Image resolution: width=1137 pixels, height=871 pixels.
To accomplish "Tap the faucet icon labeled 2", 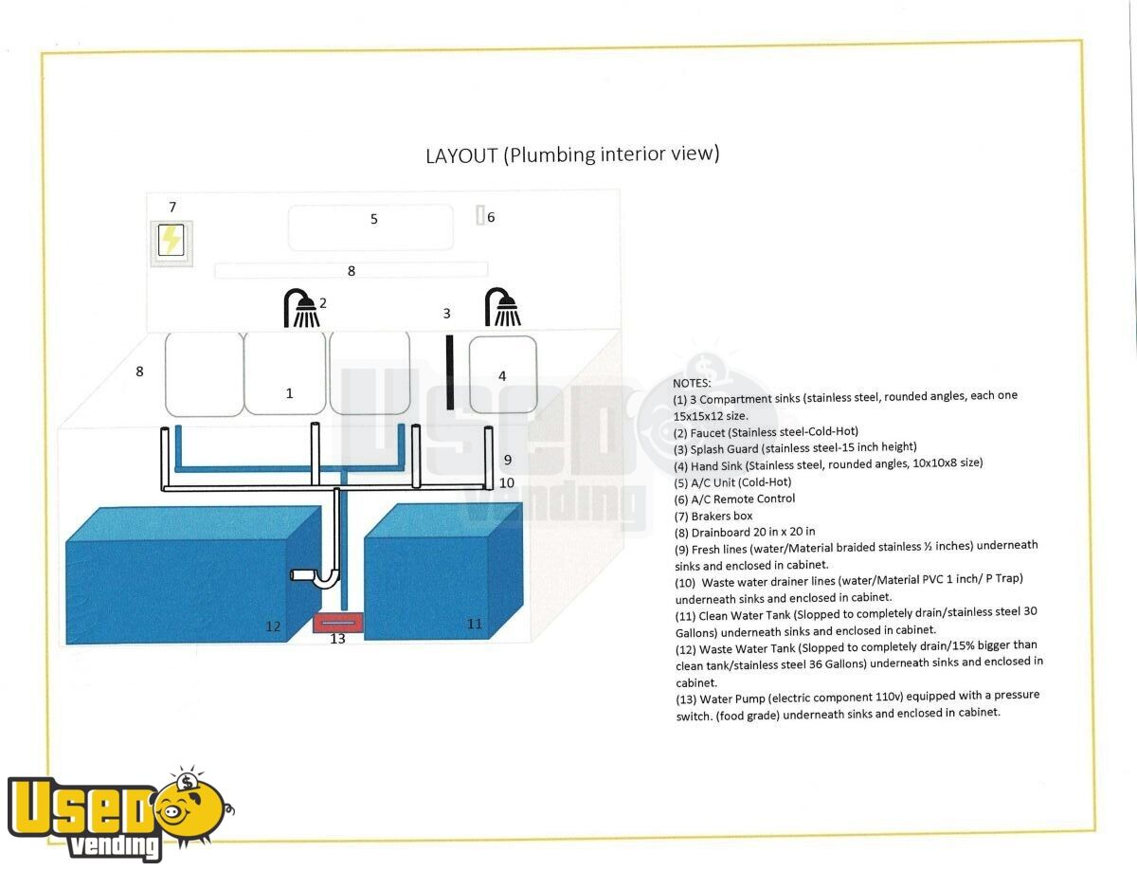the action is tap(301, 308).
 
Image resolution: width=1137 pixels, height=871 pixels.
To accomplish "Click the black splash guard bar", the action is tap(449, 372).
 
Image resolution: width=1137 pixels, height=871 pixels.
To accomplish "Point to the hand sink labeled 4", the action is tap(503, 374).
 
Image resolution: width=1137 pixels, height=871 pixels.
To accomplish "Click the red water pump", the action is tap(337, 623).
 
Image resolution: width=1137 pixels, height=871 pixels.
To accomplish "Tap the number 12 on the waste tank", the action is tap(273, 626).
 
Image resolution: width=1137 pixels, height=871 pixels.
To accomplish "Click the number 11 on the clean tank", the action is tap(474, 624).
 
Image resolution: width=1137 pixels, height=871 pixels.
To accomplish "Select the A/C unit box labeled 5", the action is tap(370, 227).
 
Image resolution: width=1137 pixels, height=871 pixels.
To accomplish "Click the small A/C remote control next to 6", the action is tap(480, 215).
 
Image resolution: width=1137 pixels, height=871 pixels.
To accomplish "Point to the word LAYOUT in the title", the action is tap(461, 155).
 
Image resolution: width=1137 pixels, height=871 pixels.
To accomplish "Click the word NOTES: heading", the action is tap(692, 383).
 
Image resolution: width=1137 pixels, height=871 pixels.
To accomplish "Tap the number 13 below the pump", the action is tap(337, 639).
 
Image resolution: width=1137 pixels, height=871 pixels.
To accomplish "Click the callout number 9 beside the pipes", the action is tap(508, 460).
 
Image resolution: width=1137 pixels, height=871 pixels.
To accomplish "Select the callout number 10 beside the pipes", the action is tap(507, 482).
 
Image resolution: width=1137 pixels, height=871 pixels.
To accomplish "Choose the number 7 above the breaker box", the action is tap(172, 208).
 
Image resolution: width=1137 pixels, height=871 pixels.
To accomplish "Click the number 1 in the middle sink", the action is tap(289, 393).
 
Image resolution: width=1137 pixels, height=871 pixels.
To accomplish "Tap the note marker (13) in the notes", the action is tap(685, 699).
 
